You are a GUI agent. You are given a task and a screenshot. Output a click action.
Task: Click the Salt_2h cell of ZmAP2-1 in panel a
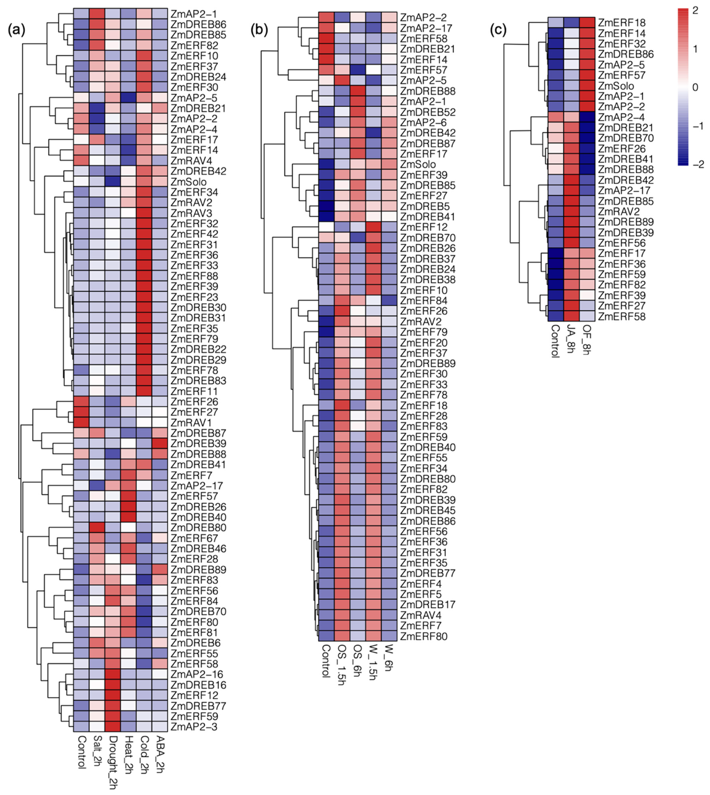click(97, 14)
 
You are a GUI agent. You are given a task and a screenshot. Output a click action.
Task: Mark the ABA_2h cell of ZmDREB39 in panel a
click(160, 443)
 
